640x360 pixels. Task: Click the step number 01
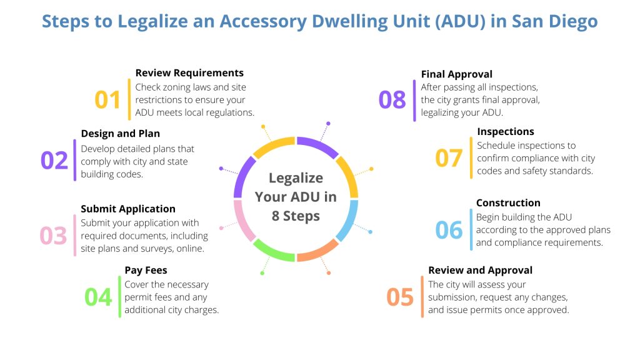(x=107, y=100)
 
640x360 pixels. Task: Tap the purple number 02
(x=54, y=161)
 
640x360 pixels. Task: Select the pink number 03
(x=53, y=236)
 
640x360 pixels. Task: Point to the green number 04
(x=98, y=297)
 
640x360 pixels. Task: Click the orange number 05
(x=400, y=297)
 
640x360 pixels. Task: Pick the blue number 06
(x=449, y=230)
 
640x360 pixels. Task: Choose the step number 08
(x=392, y=100)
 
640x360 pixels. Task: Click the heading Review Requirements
(x=189, y=73)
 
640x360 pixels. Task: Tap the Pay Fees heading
(x=146, y=271)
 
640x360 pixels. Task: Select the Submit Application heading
(x=128, y=209)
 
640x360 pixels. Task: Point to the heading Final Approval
(x=456, y=74)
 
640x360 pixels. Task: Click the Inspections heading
(x=505, y=132)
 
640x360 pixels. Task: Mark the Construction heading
(x=508, y=203)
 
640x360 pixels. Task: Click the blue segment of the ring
(x=349, y=220)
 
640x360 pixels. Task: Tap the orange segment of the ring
(x=317, y=252)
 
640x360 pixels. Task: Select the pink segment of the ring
(x=242, y=220)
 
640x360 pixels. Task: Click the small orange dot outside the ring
(x=329, y=273)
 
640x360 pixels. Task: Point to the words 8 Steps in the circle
(x=296, y=216)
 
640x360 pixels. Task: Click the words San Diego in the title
(x=554, y=21)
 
